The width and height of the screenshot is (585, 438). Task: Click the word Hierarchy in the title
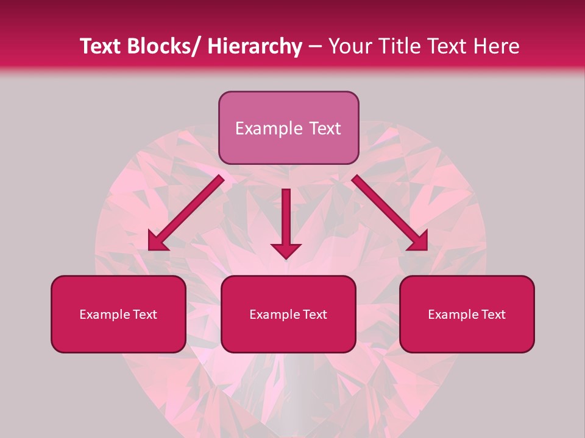(x=254, y=46)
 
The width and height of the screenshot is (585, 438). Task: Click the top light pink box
(x=288, y=128)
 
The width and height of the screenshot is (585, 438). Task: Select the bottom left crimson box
(x=118, y=314)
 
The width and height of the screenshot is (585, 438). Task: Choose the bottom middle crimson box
(x=288, y=314)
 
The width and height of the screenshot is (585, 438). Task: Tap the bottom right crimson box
(x=467, y=314)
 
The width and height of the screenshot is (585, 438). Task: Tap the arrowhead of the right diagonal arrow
(x=417, y=240)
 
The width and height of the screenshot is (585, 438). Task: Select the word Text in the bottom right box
(x=493, y=315)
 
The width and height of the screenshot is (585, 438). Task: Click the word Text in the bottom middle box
(x=314, y=315)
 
